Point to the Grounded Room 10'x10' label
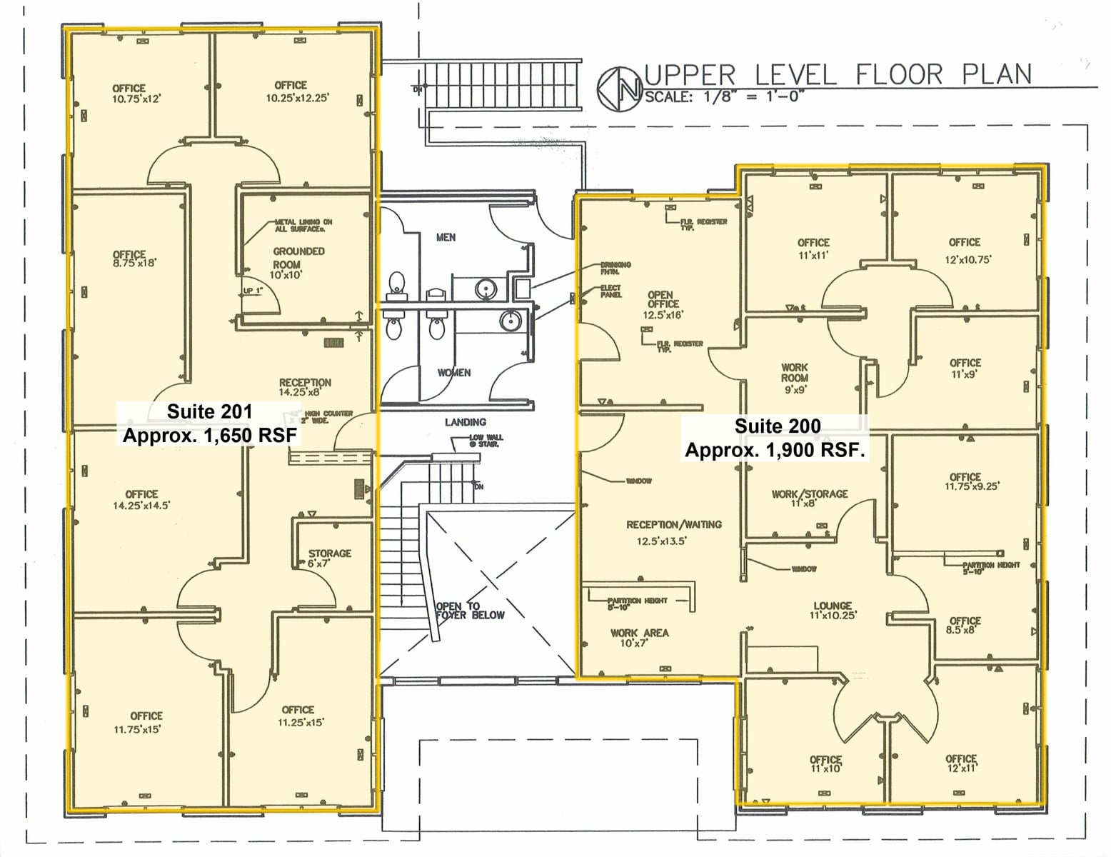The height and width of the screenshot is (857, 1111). point(298,262)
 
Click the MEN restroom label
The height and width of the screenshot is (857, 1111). point(446,237)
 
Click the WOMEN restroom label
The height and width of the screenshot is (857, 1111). point(453,373)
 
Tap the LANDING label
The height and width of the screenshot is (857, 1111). point(465,422)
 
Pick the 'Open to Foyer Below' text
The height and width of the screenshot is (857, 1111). point(469,611)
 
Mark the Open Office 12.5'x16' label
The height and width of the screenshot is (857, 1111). point(661,304)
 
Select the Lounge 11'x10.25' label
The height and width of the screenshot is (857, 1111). point(832,610)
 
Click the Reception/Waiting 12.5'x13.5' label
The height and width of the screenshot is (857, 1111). point(673,532)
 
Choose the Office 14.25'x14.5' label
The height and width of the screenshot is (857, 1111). point(141,499)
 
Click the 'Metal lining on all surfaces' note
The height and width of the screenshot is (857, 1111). point(303,225)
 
